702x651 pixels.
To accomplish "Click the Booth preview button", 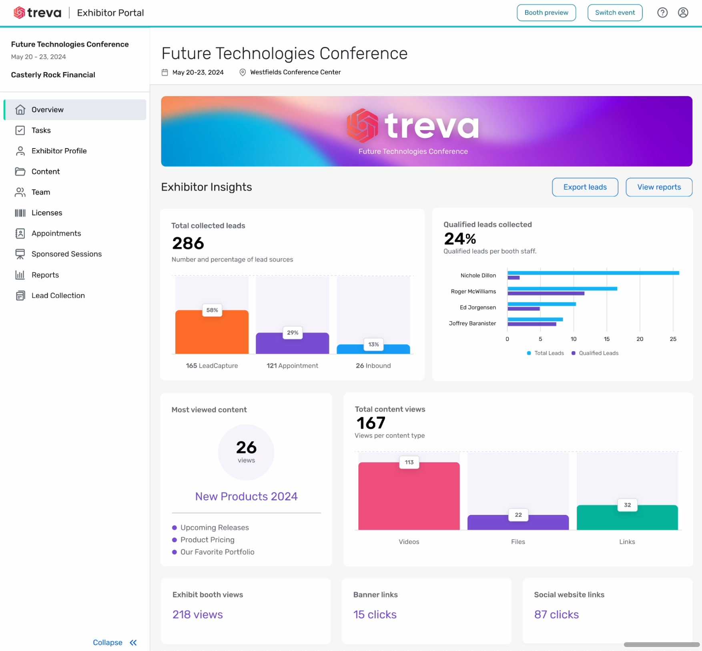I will (x=546, y=13).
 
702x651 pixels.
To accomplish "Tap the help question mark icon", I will (x=662, y=13).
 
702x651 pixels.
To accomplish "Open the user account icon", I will (x=683, y=13).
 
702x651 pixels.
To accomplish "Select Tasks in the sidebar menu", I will (x=41, y=130).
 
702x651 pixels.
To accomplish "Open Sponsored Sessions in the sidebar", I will (x=66, y=254).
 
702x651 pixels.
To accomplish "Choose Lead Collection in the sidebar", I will (x=58, y=295).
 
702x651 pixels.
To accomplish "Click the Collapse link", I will (x=108, y=642).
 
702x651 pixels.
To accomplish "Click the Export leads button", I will (x=585, y=187).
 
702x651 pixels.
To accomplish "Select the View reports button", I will (x=659, y=187).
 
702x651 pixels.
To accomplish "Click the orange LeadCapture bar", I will (x=212, y=334).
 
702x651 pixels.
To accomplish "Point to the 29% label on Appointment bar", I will (x=293, y=333).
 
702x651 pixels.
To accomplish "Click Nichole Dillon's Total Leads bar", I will (x=593, y=273).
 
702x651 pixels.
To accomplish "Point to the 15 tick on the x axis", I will (x=607, y=339).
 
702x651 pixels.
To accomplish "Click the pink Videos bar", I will (x=409, y=498).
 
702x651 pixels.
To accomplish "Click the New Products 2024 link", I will (x=246, y=496).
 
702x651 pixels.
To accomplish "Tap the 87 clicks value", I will (x=556, y=615).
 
